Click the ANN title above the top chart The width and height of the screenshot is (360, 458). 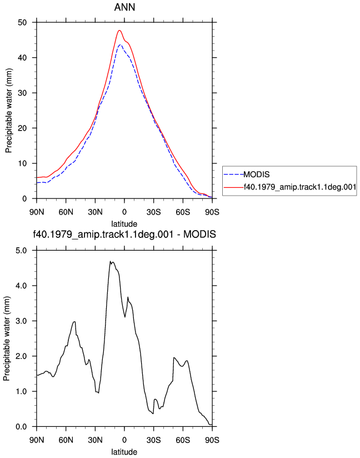point(124,7)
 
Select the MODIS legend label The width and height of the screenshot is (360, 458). point(256,175)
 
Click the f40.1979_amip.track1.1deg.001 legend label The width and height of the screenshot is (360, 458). point(300,187)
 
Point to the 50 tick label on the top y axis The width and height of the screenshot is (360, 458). point(22,22)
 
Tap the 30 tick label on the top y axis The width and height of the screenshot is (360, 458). point(22,93)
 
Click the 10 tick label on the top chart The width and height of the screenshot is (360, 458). point(22,163)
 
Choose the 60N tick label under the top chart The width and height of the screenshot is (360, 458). point(66,212)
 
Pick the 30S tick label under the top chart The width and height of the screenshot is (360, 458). point(153,212)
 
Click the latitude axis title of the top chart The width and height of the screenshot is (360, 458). point(124,224)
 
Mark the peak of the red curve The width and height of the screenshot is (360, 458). point(119,30)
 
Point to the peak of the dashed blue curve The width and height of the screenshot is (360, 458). point(120,44)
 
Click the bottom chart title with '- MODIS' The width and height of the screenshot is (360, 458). point(124,234)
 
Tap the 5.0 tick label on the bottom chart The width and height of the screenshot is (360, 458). point(21,250)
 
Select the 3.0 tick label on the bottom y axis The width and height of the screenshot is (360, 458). point(21,321)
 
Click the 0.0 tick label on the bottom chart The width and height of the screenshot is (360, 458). point(21,427)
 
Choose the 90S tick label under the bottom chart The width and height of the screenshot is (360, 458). point(212,440)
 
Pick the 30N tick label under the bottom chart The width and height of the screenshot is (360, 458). point(95,440)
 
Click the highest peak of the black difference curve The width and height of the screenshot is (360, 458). point(111,261)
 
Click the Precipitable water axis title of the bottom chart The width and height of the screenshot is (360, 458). point(7,338)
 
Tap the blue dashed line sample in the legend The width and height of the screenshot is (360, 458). point(233,175)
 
